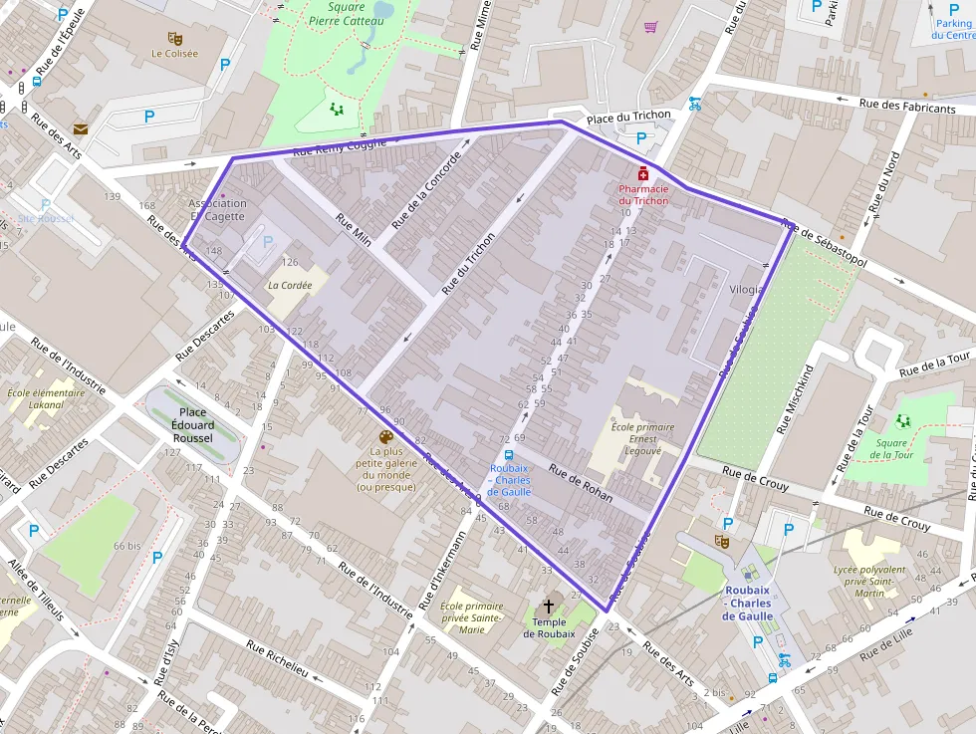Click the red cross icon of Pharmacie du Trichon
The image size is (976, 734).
[x=643, y=173]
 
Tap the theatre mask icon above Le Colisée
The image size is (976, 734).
[x=175, y=38]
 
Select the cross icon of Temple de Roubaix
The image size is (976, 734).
[x=548, y=606]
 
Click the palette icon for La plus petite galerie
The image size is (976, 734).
[x=385, y=437]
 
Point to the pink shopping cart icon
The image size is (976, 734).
[x=650, y=27]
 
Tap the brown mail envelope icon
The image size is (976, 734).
[x=80, y=128]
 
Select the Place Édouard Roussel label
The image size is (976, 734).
[x=193, y=423]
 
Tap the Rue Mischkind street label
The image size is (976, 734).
[x=795, y=398]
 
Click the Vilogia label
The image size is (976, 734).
[x=747, y=290]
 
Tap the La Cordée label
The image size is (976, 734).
[x=290, y=285]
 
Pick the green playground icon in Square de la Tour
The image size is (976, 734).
[x=903, y=421]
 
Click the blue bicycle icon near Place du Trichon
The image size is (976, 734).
[x=694, y=102]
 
